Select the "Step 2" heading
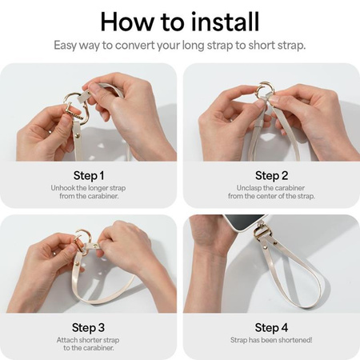coord(271,175)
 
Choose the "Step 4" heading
coord(271,326)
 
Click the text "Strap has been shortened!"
coord(271,341)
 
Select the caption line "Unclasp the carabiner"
coord(271,187)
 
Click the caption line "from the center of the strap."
coord(271,197)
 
